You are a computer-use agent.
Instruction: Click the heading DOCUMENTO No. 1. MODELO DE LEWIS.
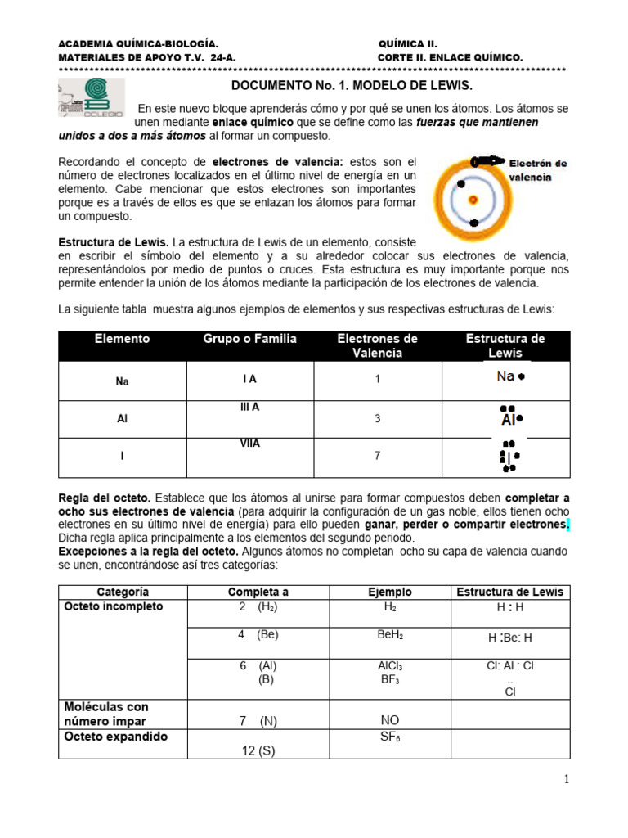352,85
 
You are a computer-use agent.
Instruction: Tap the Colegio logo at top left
91,98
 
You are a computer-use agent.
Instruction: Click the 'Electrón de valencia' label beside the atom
537,169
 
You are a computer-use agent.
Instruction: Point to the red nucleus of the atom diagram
472,198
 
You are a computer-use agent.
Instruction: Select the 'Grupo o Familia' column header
250,339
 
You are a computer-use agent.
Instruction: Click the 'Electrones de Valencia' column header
377,345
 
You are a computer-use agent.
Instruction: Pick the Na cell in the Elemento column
123,381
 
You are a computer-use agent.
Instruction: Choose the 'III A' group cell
250,407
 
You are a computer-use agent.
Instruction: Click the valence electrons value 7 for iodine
377,456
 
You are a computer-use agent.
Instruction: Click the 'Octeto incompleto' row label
114,606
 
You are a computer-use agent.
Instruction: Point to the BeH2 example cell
390,635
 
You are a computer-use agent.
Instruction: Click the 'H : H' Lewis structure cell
510,609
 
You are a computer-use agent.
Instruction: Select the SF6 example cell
390,737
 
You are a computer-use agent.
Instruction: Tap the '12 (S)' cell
258,750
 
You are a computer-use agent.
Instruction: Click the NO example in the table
390,720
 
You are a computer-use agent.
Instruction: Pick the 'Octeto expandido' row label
115,737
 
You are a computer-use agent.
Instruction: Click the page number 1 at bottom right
565,780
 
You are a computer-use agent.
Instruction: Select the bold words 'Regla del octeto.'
92,498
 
